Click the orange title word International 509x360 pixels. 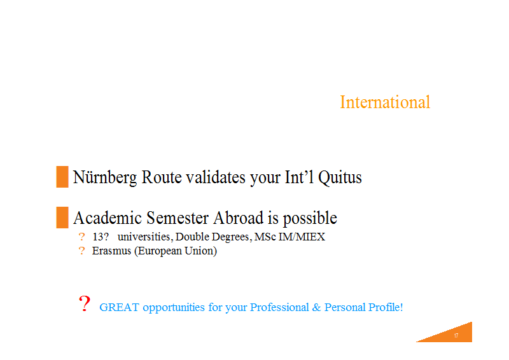pyautogui.click(x=385, y=102)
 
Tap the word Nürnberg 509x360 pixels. pyautogui.click(x=105, y=177)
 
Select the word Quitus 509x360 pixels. pyautogui.click(x=340, y=178)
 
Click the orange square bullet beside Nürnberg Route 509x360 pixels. pyautogui.click(x=62, y=177)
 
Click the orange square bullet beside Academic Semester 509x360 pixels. pyautogui.click(x=62, y=218)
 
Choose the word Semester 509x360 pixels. pyautogui.click(x=178, y=218)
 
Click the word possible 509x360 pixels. pyautogui.click(x=310, y=218)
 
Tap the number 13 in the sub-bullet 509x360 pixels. pyautogui.click(x=98, y=237)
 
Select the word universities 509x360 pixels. pyautogui.click(x=144, y=237)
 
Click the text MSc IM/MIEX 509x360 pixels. pyautogui.click(x=290, y=237)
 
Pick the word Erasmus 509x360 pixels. pyautogui.click(x=112, y=251)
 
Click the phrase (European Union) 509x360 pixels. pyautogui.click(x=176, y=251)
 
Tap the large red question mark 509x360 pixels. pyautogui.click(x=85, y=303)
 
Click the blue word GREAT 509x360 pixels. pyautogui.click(x=119, y=307)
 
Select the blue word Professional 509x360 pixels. pyautogui.click(x=279, y=307)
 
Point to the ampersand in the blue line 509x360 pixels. pyautogui.click(x=316, y=307)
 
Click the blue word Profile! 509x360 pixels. pyautogui.click(x=386, y=307)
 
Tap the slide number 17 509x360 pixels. pyautogui.click(x=456, y=336)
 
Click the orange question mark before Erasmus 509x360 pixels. pyautogui.click(x=81, y=251)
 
